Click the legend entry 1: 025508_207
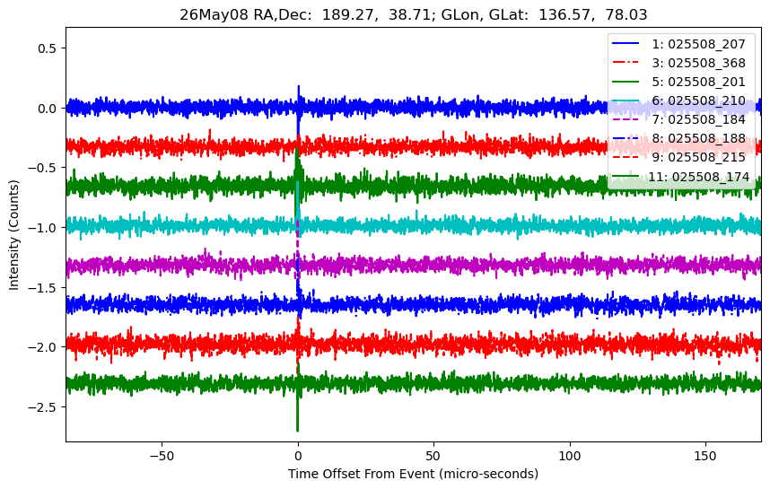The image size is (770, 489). click(678, 44)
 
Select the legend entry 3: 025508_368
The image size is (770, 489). click(678, 63)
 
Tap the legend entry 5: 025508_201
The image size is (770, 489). click(678, 82)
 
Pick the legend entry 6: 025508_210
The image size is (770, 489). click(678, 100)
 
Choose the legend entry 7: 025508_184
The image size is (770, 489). click(678, 119)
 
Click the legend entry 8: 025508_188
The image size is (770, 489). click(678, 138)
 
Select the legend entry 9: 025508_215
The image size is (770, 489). click(678, 157)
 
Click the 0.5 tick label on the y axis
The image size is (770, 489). click(48, 48)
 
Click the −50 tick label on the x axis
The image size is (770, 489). click(162, 456)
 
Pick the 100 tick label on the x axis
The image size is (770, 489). click(570, 456)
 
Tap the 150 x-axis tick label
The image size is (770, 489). click(705, 456)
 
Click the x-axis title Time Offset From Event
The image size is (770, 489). click(361, 474)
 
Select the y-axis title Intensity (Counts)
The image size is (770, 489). click(13, 235)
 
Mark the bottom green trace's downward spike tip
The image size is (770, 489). click(298, 431)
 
